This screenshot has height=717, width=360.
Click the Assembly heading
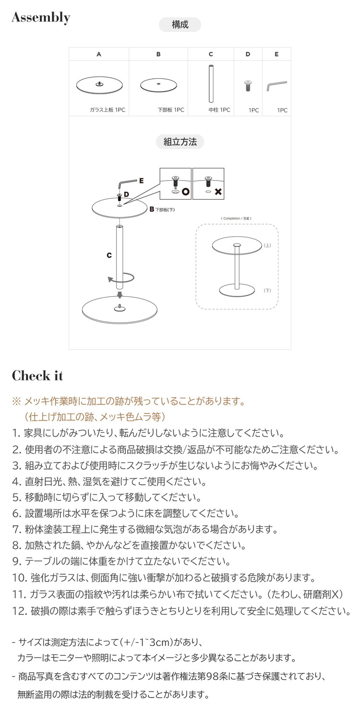(41, 18)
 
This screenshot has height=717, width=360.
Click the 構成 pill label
(180, 24)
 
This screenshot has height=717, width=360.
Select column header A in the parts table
(99, 54)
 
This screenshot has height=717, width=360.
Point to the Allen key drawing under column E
(276, 86)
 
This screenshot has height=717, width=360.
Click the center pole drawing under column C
(211, 84)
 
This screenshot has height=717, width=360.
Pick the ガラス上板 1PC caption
(107, 110)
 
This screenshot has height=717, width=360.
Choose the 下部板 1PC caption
(171, 110)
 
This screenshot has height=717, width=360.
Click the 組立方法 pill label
(180, 142)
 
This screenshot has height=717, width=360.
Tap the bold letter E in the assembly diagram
(141, 181)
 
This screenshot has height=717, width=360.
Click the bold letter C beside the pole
(109, 256)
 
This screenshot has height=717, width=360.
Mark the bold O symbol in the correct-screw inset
(185, 192)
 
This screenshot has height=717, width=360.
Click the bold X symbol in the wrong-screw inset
(218, 192)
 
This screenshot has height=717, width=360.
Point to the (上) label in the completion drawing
(267, 245)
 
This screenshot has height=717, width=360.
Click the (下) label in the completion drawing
(267, 291)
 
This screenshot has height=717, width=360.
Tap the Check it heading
(37, 376)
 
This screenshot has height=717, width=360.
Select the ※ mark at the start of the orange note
(16, 401)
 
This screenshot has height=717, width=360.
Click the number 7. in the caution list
(16, 530)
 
